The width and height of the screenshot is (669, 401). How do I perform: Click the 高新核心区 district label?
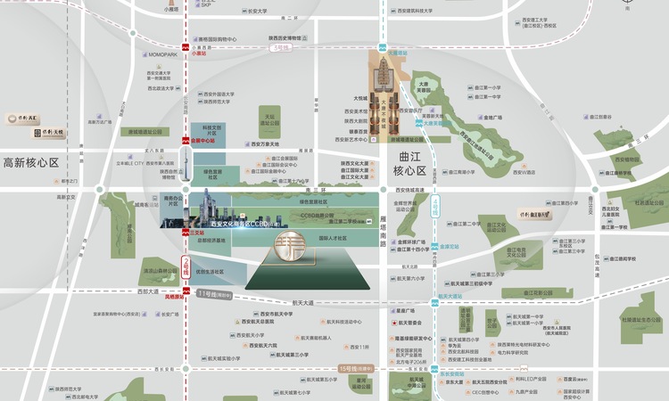pyautogui.click(x=30, y=163)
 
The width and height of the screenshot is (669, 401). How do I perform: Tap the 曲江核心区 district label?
pyautogui.click(x=410, y=163)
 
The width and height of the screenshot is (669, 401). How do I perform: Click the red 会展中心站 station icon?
pyautogui.click(x=186, y=141)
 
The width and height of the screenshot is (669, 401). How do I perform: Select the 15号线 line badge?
pyautogui.click(x=357, y=367)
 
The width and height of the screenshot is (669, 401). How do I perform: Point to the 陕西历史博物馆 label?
pyautogui.click(x=283, y=38)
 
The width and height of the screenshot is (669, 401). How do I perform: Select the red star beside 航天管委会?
pyautogui.click(x=393, y=323)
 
